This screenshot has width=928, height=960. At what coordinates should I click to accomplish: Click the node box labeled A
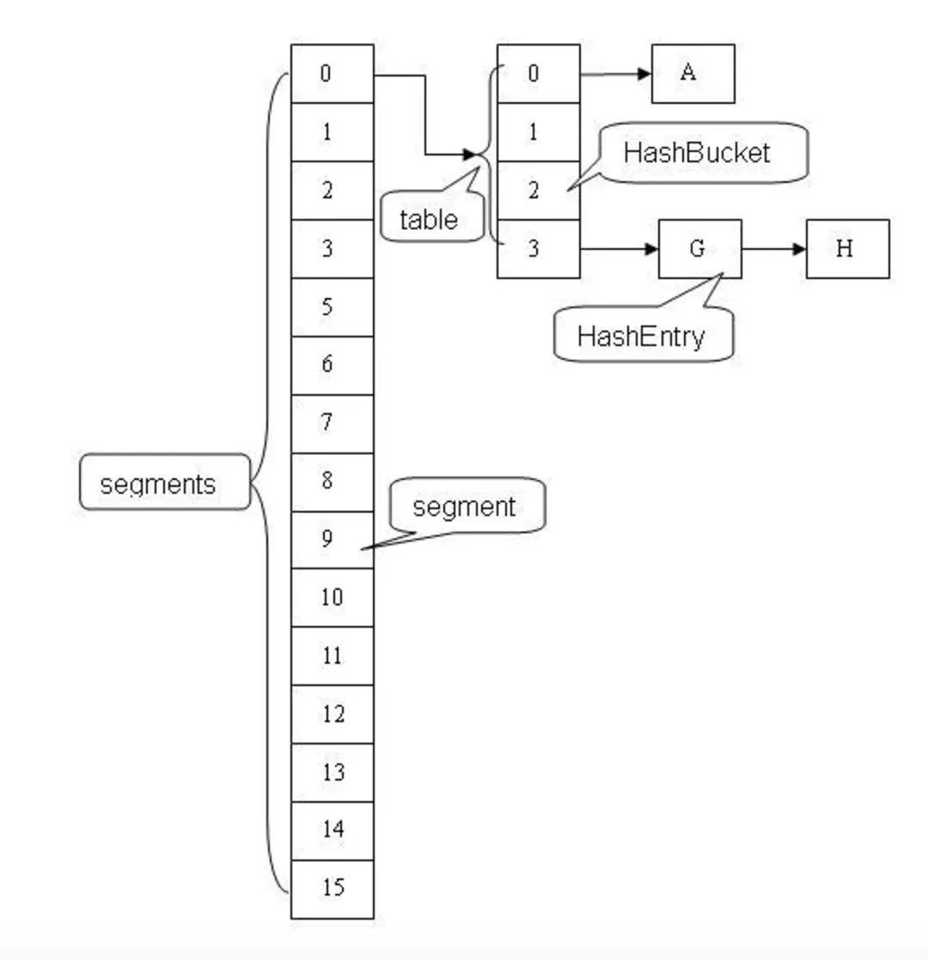[693, 74]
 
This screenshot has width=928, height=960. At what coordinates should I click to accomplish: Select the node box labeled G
[699, 249]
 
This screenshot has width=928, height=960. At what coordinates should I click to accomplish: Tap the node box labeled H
[846, 249]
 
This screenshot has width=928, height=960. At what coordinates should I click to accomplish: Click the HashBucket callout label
[702, 153]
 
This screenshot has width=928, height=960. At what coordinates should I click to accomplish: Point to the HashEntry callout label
[643, 335]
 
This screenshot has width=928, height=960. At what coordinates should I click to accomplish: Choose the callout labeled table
[430, 220]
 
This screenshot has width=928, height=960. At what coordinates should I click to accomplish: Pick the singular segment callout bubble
[466, 506]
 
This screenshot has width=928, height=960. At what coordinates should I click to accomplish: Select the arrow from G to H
[773, 249]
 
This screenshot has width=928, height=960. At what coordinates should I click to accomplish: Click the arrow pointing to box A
[615, 74]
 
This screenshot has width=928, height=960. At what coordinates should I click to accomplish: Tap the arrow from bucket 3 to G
[619, 249]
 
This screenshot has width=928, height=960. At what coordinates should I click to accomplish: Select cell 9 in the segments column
[332, 539]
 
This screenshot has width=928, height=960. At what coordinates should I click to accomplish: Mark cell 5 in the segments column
[332, 307]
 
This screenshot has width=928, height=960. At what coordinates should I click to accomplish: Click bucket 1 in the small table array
[538, 132]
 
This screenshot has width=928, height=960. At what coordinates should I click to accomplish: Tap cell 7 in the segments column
[332, 423]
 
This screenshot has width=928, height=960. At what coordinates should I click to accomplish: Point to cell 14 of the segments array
[332, 830]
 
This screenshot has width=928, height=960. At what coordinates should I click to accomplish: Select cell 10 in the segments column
[332, 598]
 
